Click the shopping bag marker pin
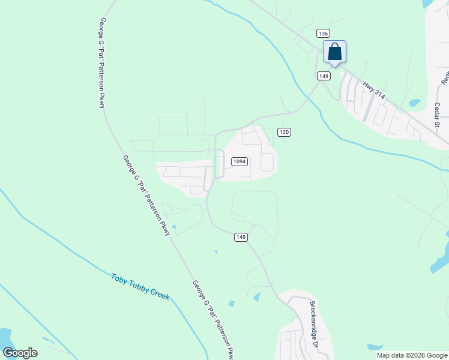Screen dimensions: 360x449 tap(334, 52)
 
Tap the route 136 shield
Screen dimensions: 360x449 tap(323, 34)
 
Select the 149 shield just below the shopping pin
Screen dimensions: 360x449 tap(324, 76)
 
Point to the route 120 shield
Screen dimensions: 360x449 tap(285, 132)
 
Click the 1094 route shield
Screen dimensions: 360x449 tap(240, 161)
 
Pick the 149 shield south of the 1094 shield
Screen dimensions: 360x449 tap(240, 238)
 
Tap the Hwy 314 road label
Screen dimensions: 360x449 tap(373, 90)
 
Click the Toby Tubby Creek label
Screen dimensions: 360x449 tap(140, 287)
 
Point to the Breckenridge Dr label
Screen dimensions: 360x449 tap(313, 326)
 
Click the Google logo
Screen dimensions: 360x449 tap(20, 353)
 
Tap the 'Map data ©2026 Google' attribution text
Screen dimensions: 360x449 tap(412, 355)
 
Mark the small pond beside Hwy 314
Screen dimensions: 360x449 tap(415, 103)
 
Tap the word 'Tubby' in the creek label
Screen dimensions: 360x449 tap(139, 286)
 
